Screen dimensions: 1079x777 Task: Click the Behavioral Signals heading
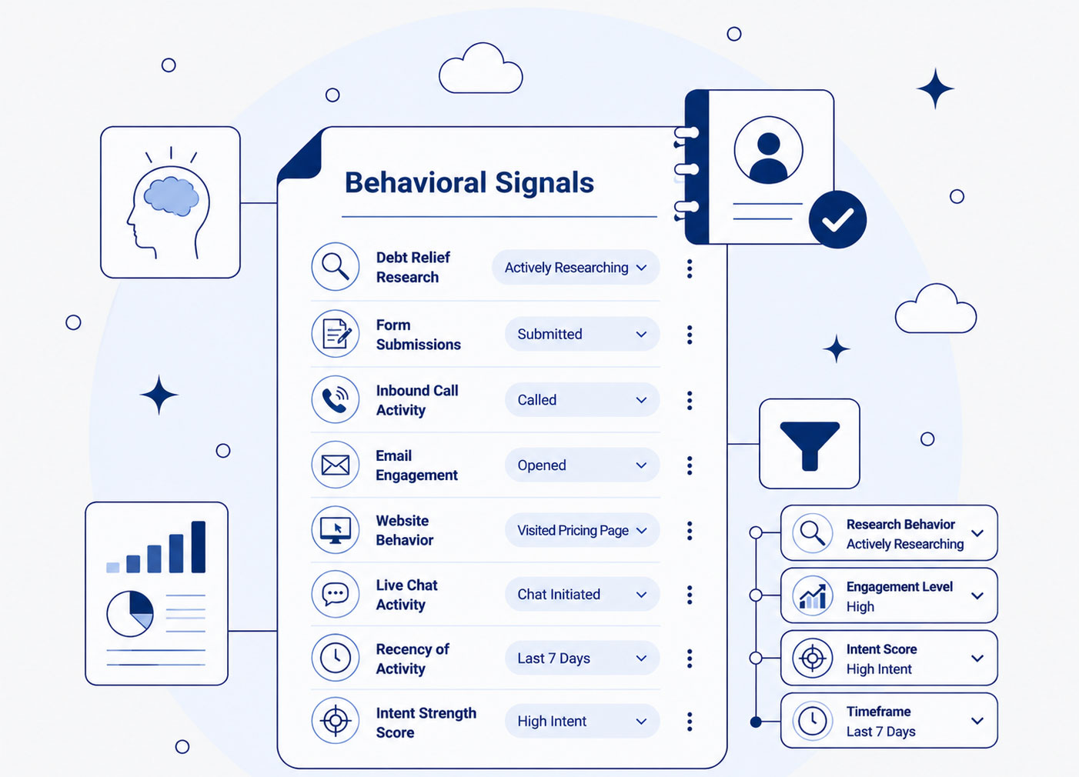469,182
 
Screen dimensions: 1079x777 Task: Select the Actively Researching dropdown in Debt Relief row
576,267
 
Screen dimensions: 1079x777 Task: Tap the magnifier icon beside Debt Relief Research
336,266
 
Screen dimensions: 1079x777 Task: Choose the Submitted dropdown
582,334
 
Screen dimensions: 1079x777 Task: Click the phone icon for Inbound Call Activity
336,399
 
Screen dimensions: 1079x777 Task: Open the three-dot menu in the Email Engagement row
690,465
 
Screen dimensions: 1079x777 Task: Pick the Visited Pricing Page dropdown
582,530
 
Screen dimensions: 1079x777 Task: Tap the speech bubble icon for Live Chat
336,594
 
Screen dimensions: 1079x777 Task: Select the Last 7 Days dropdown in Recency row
582,658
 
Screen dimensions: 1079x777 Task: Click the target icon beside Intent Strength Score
336,721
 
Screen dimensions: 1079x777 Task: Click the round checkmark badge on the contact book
837,219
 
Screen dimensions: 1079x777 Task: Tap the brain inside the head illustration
172,195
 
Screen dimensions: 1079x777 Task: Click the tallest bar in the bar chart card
199,547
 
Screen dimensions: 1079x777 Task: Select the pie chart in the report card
130,614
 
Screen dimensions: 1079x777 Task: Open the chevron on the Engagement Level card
977,595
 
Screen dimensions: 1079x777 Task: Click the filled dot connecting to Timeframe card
756,722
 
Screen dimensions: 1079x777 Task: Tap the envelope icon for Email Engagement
336,465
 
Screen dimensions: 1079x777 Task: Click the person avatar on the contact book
768,150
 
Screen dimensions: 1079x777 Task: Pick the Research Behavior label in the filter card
900,524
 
